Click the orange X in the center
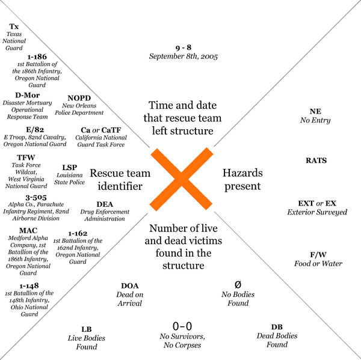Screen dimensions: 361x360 [x=181, y=179]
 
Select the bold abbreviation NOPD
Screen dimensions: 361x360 [x=79, y=98]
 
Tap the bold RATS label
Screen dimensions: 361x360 [x=316, y=160]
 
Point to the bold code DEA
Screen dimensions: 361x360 [x=105, y=204]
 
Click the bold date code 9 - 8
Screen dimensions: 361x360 [x=184, y=47]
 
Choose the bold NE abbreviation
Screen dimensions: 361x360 [x=315, y=111]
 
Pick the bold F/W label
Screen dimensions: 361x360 [x=318, y=255]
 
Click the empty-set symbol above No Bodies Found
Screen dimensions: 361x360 [x=238, y=285]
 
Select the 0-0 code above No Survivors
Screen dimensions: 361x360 [x=182, y=326]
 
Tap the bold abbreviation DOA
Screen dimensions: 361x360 [x=130, y=285]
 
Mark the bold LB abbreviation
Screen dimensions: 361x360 [x=87, y=329]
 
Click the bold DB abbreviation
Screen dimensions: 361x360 [x=277, y=327]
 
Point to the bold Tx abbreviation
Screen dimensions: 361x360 [x=14, y=26]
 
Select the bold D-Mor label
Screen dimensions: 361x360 [x=28, y=95]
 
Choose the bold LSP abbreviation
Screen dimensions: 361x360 [x=70, y=168]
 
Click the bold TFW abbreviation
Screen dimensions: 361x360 [x=26, y=157]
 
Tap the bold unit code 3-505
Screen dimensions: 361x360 [x=36, y=197]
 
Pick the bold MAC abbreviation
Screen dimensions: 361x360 [x=28, y=231]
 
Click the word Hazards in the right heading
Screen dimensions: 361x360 [x=242, y=173]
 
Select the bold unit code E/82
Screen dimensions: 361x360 [x=35, y=129]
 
